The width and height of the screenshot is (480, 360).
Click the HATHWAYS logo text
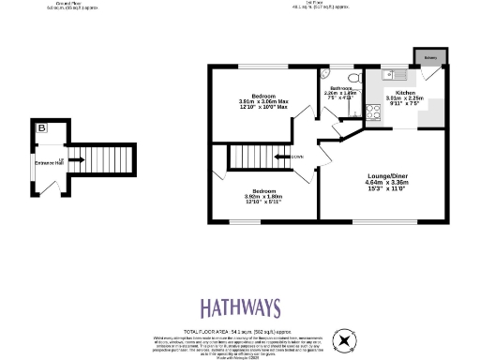240,307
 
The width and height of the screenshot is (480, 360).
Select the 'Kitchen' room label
405,93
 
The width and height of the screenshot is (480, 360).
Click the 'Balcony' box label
430,56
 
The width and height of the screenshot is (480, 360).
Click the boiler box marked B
42,127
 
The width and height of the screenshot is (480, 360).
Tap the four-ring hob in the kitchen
372,112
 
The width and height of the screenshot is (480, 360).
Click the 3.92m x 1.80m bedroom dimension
262,197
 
